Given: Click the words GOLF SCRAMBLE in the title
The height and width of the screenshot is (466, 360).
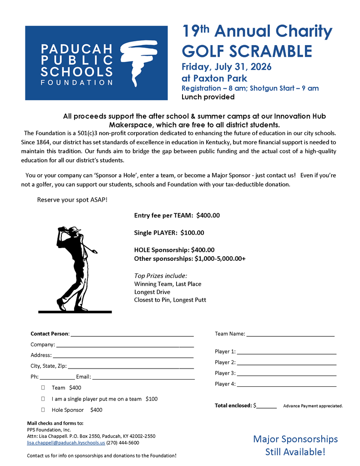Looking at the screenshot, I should point(247,51).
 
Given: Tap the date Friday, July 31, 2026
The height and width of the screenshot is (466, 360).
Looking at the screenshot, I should point(226,67).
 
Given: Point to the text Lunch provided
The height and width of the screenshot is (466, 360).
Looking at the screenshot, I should point(208,97).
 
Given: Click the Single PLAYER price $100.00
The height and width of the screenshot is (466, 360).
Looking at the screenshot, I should point(192,233).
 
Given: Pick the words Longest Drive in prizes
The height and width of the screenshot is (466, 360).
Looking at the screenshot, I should point(152,292).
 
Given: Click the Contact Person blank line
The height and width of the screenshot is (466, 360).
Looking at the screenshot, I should point(132,334).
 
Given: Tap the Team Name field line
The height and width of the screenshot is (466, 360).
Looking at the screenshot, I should point(290,334).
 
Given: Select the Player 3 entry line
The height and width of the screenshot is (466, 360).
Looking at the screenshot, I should point(286,374).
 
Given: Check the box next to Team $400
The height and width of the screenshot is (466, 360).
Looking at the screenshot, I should point(43,388).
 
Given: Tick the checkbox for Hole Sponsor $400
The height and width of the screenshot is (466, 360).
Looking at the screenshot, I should point(43,410).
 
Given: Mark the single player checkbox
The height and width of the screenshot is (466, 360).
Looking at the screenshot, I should point(43,399).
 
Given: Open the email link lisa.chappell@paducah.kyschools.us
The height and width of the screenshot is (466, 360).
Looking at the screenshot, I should point(66,442).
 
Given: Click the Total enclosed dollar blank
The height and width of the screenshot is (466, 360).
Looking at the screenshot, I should point(267,406).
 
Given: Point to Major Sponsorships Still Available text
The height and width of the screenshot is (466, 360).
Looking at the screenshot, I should point(295,446).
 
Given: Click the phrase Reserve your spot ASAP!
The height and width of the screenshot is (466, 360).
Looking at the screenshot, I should point(72,200).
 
